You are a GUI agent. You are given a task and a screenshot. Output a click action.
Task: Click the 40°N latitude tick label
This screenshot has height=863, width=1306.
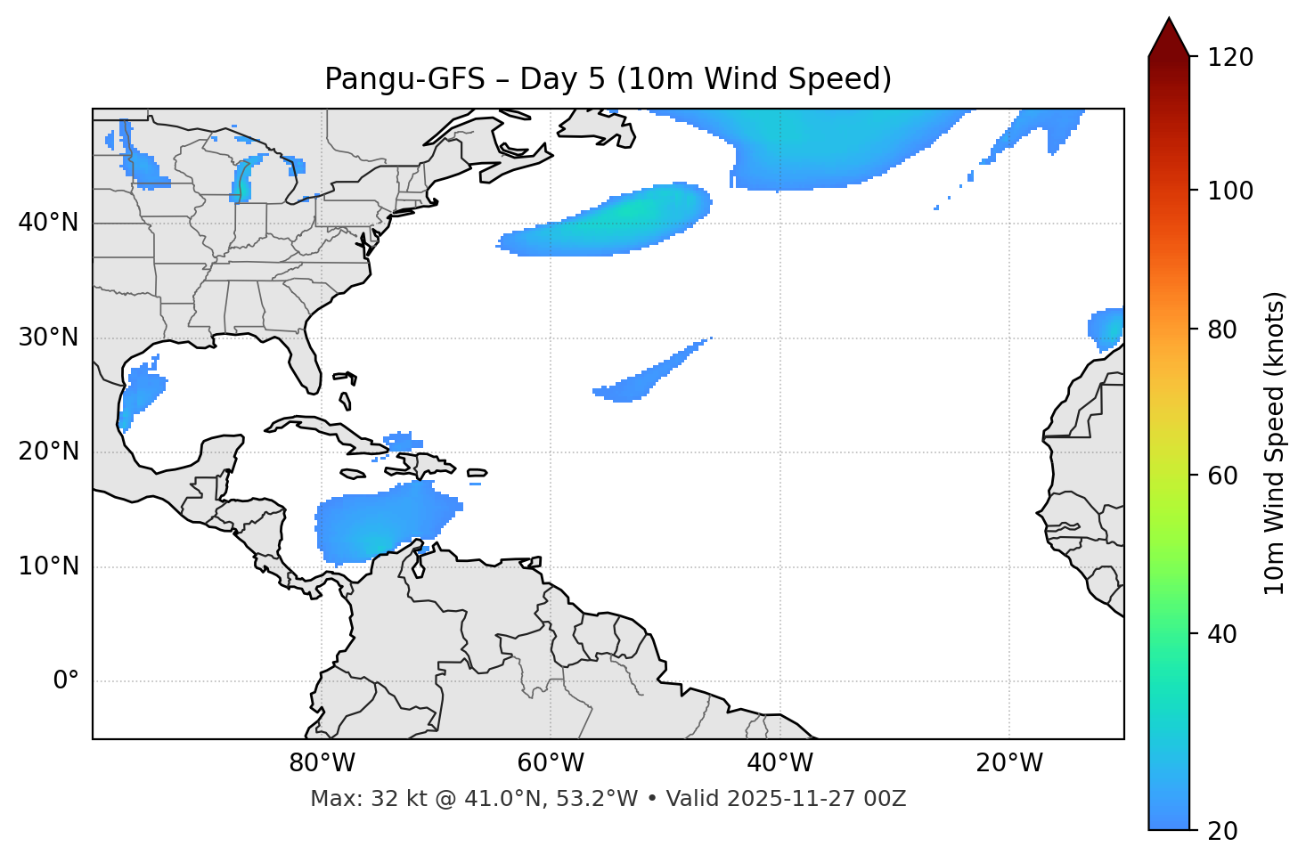(x=48, y=223)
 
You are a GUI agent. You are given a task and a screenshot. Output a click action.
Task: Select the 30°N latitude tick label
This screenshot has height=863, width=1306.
(x=48, y=338)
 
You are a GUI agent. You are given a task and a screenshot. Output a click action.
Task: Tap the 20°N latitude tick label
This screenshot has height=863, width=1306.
(x=48, y=452)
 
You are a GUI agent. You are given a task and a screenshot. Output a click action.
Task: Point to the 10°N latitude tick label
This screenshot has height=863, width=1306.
(x=48, y=566)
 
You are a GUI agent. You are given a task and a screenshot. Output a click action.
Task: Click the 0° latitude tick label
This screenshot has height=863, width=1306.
(x=65, y=681)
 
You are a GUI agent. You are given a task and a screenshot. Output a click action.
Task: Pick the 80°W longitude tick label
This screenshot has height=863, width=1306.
(x=322, y=763)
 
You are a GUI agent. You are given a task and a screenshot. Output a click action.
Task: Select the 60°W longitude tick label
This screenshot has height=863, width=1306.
(x=551, y=763)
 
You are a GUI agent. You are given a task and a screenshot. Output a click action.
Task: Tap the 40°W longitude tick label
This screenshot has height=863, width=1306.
(x=780, y=763)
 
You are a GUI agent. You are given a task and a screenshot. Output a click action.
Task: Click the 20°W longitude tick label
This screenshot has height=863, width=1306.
(x=1008, y=763)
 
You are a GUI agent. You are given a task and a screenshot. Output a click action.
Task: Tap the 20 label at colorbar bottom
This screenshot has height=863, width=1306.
(x=1222, y=831)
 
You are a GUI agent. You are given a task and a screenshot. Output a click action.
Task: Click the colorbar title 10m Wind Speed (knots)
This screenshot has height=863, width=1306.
(x=1275, y=443)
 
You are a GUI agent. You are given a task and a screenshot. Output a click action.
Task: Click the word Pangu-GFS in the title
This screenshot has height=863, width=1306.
(x=404, y=79)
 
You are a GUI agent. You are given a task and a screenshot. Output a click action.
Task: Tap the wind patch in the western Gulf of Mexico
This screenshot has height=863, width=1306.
(x=141, y=392)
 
